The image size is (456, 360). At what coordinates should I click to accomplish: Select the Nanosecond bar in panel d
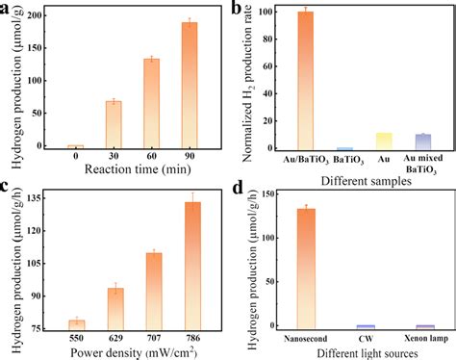306,270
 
